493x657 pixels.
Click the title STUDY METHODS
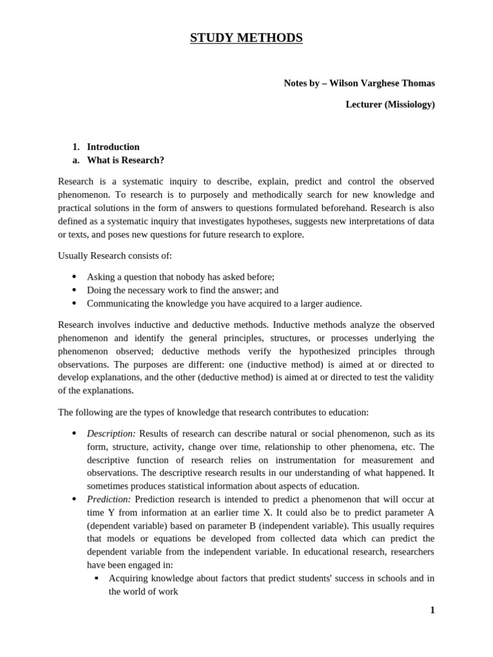[x=246, y=38]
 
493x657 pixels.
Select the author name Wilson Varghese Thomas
[x=383, y=83]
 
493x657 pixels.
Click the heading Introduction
[x=113, y=147]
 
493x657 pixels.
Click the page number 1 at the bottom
[x=432, y=610]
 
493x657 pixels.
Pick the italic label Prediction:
[x=109, y=499]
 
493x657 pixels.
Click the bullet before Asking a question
[x=74, y=277]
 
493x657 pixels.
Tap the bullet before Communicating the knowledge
[x=74, y=303]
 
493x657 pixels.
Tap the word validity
[x=417, y=377]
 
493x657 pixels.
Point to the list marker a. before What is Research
[x=76, y=160]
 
